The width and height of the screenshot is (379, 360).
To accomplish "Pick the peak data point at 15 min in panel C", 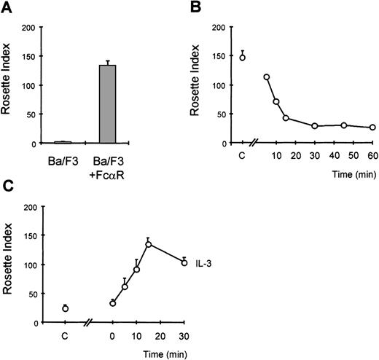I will [x=148, y=244].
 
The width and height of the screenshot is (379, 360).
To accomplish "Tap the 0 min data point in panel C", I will [x=112, y=302].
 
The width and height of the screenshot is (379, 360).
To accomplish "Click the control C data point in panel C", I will [x=65, y=308].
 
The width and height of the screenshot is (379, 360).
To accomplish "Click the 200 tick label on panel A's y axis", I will [x=29, y=28].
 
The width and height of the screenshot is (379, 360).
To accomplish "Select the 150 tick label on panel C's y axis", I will [x=29, y=235].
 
